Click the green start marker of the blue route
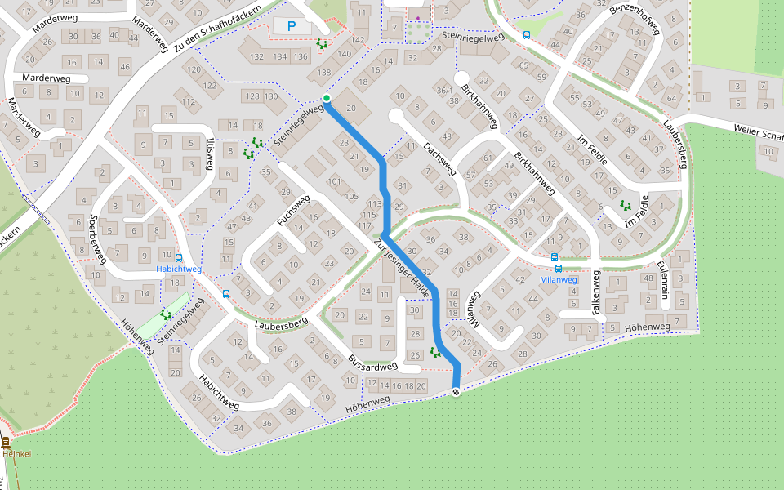pos(327,99)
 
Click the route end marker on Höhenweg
pos(457,393)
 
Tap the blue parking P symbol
pos(291,27)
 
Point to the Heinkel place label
pos(16,453)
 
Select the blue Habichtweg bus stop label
pos(178,269)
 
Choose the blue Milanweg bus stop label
pos(558,279)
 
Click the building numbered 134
pos(279,56)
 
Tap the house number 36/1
pos(443,90)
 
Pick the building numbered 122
pos(210,85)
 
